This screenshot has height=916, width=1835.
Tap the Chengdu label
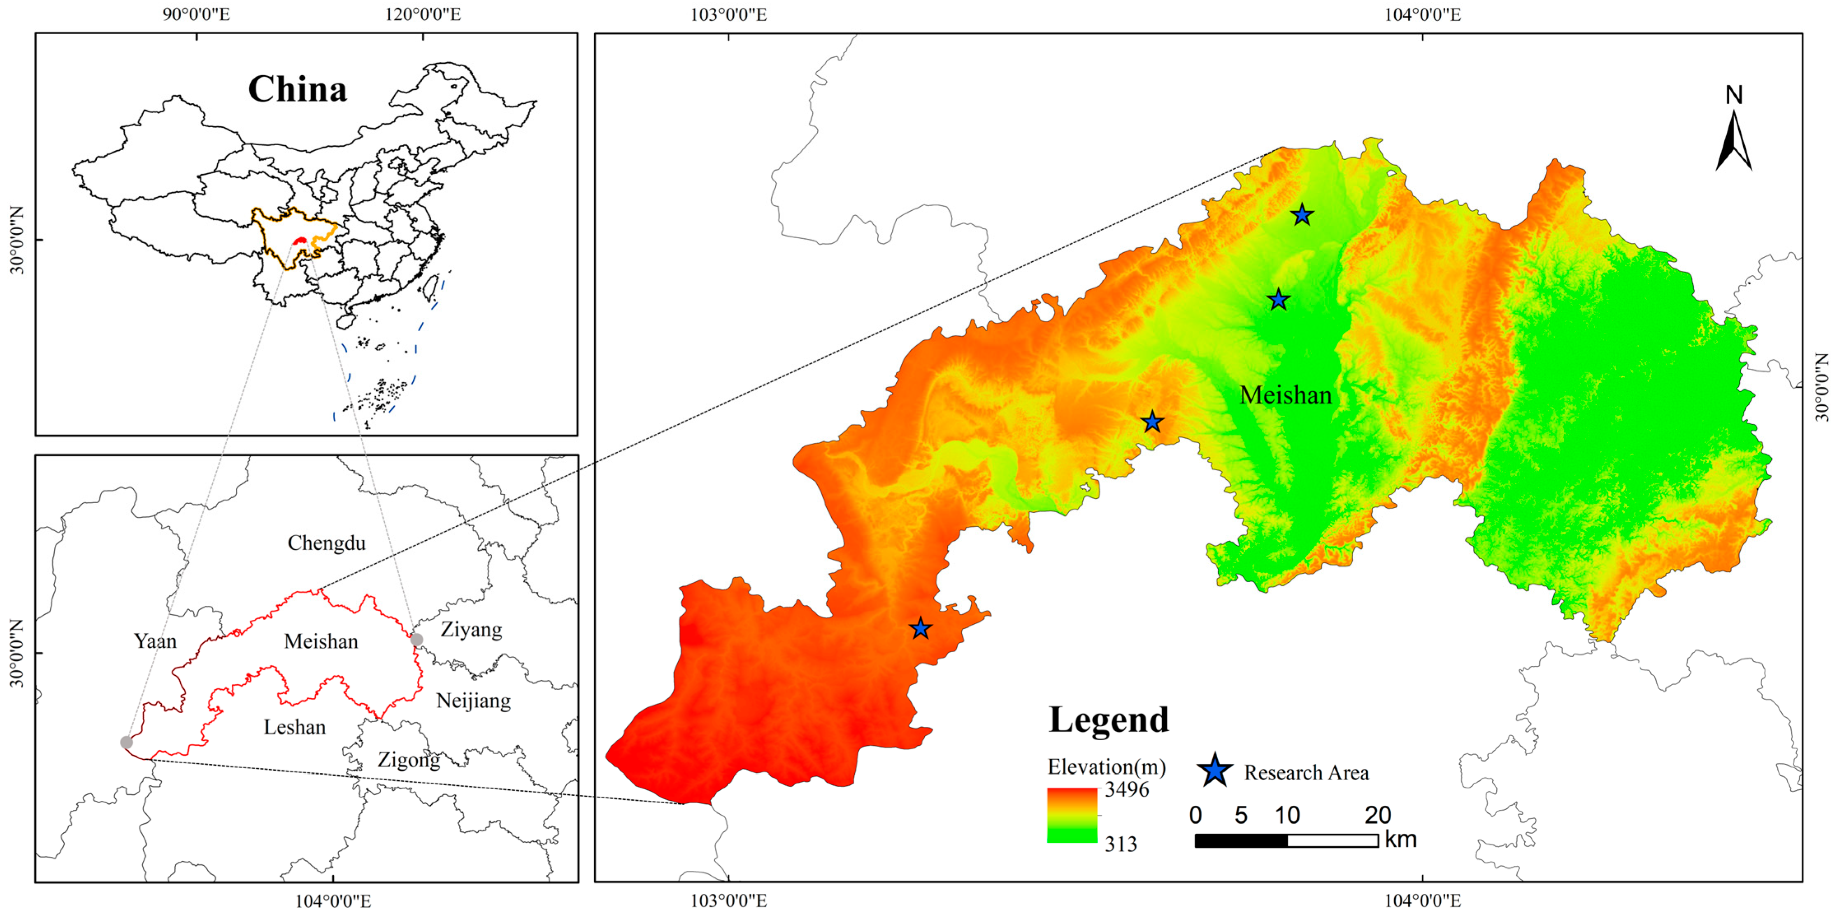(326, 543)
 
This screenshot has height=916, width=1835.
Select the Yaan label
(155, 641)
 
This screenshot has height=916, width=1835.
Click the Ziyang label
(471, 630)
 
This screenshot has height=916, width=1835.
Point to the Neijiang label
(473, 701)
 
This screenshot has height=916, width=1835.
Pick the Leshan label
(294, 727)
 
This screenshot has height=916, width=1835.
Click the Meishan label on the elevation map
(1285, 395)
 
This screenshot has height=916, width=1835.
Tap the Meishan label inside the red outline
(321, 642)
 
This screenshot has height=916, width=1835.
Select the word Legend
(1108, 720)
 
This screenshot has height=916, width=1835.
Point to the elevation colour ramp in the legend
(1072, 816)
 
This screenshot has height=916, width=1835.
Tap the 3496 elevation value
(1126, 789)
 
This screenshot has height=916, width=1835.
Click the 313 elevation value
(1121, 844)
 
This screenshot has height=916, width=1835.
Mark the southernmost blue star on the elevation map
(920, 628)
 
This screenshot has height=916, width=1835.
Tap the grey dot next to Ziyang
(417, 639)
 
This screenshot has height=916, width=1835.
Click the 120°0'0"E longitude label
(423, 14)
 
